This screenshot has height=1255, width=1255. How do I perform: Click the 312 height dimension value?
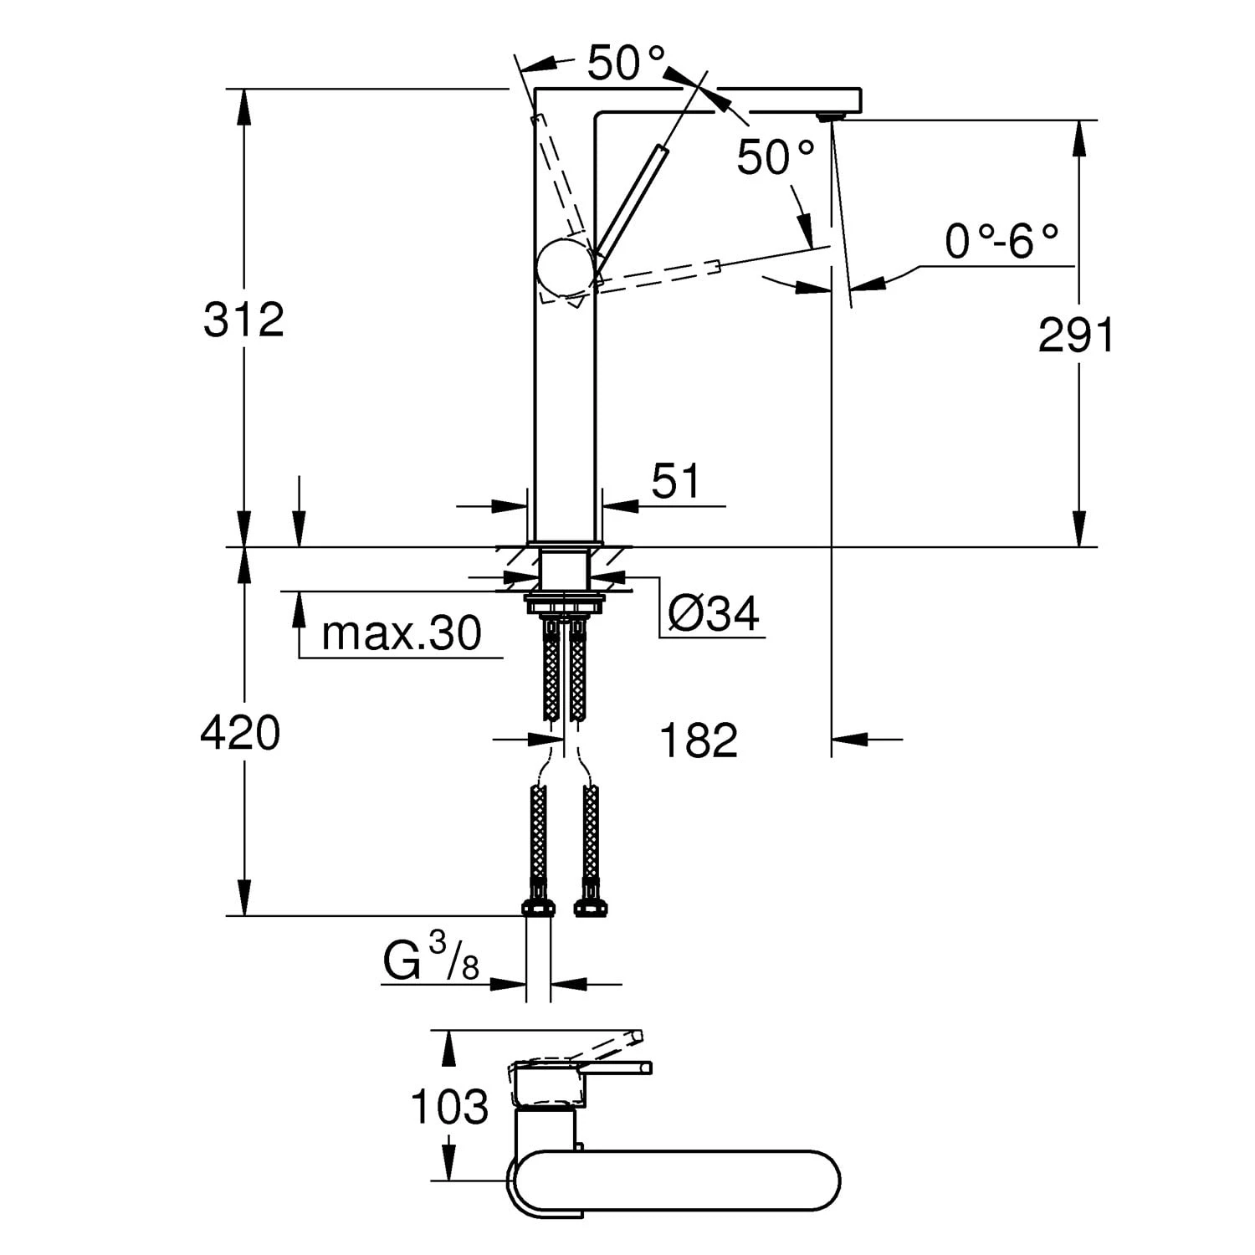tap(243, 320)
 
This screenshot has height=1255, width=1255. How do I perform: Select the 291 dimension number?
tap(1076, 336)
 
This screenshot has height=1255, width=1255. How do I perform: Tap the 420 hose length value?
tap(240, 734)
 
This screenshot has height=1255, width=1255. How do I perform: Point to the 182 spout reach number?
tap(699, 741)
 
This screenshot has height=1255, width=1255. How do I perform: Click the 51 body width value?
tap(675, 481)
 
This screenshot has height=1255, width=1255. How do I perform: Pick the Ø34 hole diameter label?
tap(714, 615)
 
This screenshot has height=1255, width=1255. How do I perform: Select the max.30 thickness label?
tap(401, 633)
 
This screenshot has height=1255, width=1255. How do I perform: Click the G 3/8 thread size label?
tap(431, 961)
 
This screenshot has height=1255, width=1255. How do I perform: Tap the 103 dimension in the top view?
tap(448, 1108)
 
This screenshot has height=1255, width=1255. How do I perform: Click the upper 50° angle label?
tap(626, 63)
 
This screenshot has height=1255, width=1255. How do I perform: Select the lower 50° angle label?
tap(775, 157)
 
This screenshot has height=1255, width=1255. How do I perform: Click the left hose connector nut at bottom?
tap(538, 908)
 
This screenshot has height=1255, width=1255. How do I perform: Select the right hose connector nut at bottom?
tap(590, 908)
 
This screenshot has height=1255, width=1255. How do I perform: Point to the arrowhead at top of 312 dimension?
tap(243, 104)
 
